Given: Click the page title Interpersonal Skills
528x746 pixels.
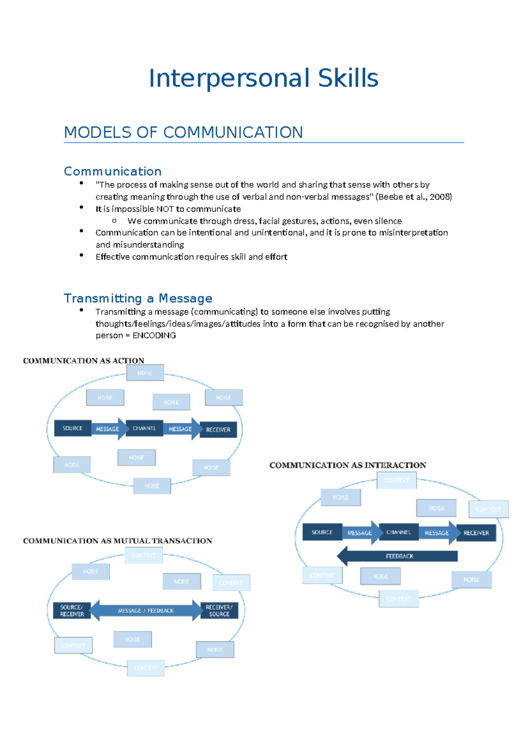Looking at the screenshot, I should [x=263, y=78].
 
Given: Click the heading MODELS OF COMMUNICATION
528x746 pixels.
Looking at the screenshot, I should [x=183, y=132].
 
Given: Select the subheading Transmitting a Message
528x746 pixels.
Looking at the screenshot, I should [x=138, y=298].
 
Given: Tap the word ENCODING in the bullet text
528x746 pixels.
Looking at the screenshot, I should [x=154, y=336].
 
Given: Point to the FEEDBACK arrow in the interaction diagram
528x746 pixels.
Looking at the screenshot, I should [x=398, y=556].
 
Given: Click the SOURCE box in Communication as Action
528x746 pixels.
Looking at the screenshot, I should [x=73, y=428].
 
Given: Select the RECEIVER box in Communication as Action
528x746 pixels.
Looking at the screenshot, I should [x=218, y=430].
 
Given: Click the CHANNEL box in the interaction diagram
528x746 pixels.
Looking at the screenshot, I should [x=399, y=532].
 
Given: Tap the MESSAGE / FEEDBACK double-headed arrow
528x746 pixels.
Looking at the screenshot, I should [x=146, y=611].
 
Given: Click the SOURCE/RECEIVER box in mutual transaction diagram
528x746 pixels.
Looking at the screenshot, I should [x=72, y=611].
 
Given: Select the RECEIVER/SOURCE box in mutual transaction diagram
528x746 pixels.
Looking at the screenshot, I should [x=219, y=611].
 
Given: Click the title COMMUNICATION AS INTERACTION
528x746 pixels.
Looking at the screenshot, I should [x=348, y=465].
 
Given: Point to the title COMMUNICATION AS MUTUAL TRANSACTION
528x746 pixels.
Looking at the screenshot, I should [x=117, y=541].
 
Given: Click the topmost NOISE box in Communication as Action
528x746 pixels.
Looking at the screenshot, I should [x=145, y=373].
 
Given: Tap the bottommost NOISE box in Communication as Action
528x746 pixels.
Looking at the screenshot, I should [x=152, y=486].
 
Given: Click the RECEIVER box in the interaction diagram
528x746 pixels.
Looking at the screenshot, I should [x=476, y=533].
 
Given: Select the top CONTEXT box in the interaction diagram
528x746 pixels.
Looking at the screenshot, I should [x=396, y=481].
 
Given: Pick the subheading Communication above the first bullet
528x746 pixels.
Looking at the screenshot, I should [x=113, y=171].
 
